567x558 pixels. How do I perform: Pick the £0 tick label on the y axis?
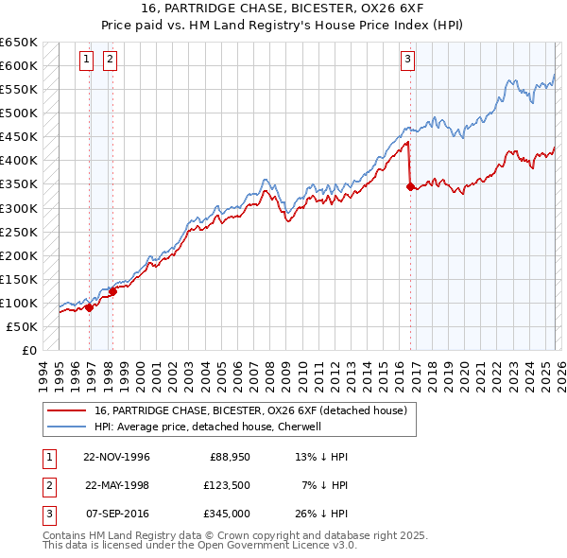click(28, 350)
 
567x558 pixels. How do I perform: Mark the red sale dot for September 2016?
click(410, 187)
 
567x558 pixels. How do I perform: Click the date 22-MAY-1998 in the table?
click(117, 484)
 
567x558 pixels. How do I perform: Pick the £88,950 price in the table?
click(227, 456)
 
